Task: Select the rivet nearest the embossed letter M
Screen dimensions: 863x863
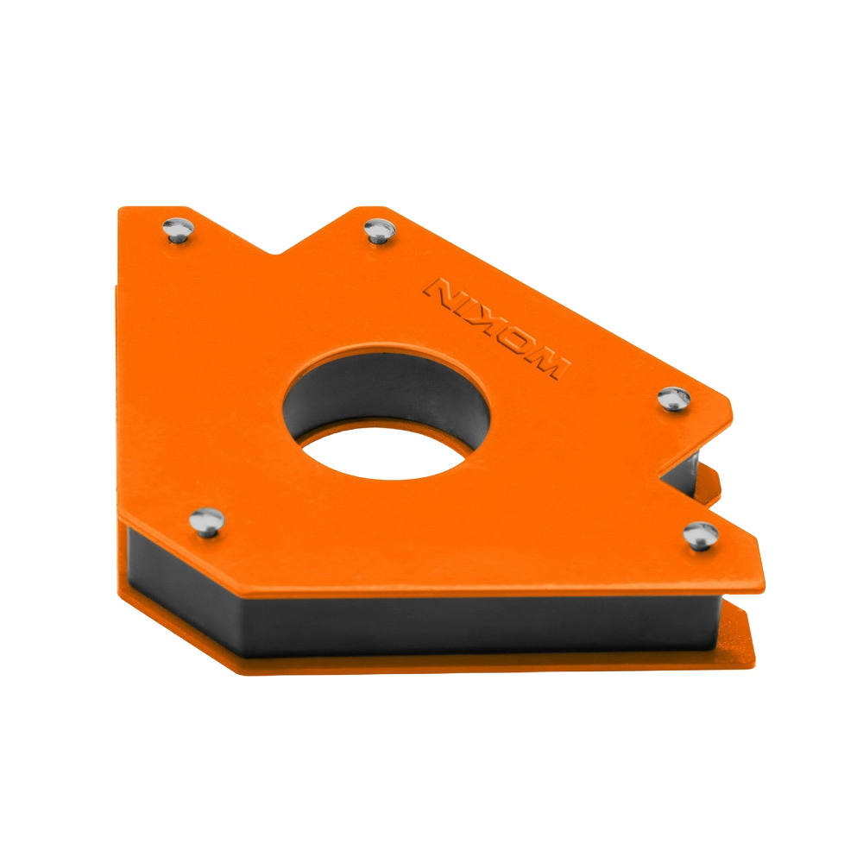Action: (674, 397)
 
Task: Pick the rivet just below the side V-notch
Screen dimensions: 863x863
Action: (701, 534)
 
